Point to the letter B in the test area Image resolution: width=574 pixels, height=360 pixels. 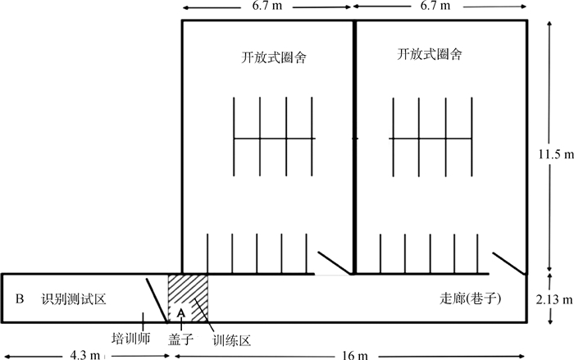[19, 298]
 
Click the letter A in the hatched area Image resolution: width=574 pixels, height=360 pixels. [182, 312]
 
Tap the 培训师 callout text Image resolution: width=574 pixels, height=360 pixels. [130, 336]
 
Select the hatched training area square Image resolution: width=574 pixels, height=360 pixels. [197, 291]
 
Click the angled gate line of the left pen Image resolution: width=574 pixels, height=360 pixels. [335, 262]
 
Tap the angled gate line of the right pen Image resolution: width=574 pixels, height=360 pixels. [508, 262]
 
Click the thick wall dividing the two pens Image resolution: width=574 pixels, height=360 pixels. [354, 148]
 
